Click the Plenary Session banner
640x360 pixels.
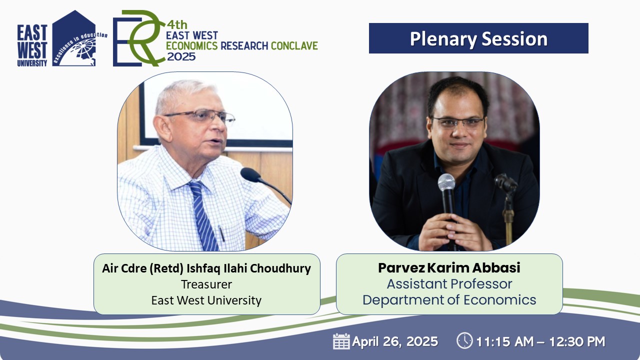[x=478, y=38]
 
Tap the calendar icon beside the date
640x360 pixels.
[x=341, y=341]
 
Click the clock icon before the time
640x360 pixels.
[x=464, y=340]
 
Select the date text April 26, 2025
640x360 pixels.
[x=395, y=341]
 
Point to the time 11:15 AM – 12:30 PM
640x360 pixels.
[x=540, y=341]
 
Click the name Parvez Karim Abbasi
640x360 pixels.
[x=449, y=267]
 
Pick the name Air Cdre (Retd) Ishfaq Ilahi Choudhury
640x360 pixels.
[x=206, y=268]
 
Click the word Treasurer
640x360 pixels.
[x=206, y=284]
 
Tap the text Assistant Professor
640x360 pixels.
[x=449, y=284]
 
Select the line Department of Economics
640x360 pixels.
[x=449, y=300]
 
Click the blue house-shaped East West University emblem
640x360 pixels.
[x=74, y=38]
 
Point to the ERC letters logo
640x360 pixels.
[x=139, y=38]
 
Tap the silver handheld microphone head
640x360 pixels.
[x=446, y=182]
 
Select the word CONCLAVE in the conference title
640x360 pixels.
[x=294, y=45]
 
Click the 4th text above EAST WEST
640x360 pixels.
[x=177, y=25]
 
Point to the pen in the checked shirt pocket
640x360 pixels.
[x=221, y=233]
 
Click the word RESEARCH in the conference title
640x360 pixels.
[x=244, y=45]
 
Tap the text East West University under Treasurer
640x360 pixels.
[x=206, y=300]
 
